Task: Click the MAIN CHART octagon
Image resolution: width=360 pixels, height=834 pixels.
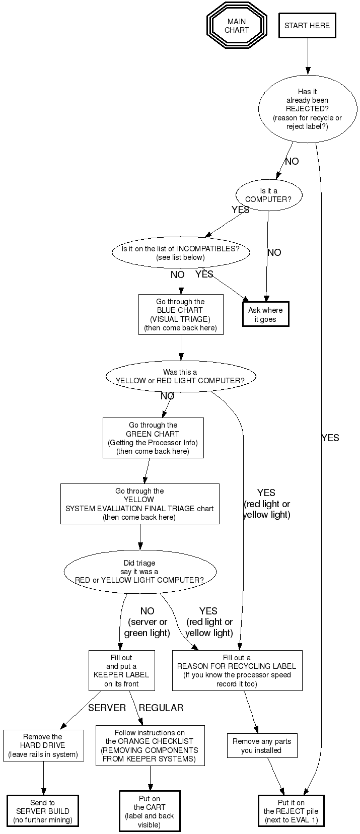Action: [236, 26]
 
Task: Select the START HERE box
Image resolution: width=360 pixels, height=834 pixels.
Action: [307, 26]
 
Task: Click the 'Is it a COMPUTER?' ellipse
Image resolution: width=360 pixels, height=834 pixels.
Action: [268, 195]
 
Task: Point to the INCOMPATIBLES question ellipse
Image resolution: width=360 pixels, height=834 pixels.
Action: [180, 253]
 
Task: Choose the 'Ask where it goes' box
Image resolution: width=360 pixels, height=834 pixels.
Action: [265, 314]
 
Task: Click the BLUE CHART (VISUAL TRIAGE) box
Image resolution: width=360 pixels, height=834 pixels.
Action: [180, 314]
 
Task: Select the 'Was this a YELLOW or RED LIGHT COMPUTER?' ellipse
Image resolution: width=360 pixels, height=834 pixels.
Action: [180, 376]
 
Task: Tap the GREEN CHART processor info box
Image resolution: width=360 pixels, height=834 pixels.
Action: [153, 438]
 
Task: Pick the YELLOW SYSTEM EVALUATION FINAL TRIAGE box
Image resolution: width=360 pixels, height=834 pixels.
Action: [139, 504]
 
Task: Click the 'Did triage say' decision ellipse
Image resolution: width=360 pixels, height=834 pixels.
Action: [139, 571]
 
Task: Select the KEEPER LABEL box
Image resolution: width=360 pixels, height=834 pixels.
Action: [121, 670]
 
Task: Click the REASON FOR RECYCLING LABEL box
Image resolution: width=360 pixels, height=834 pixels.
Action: [237, 670]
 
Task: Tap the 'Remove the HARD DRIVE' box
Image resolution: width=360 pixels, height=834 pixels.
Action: [43, 745]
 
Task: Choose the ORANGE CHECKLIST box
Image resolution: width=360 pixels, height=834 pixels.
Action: [150, 745]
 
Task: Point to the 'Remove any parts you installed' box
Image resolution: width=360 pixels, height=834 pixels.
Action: [261, 745]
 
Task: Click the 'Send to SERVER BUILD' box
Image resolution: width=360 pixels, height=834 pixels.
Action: [43, 811]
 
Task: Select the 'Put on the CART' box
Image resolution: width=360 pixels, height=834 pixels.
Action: [150, 811]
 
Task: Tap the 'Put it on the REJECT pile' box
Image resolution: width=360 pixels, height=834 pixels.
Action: [291, 811]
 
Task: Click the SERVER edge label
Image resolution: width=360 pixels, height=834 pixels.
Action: [107, 708]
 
